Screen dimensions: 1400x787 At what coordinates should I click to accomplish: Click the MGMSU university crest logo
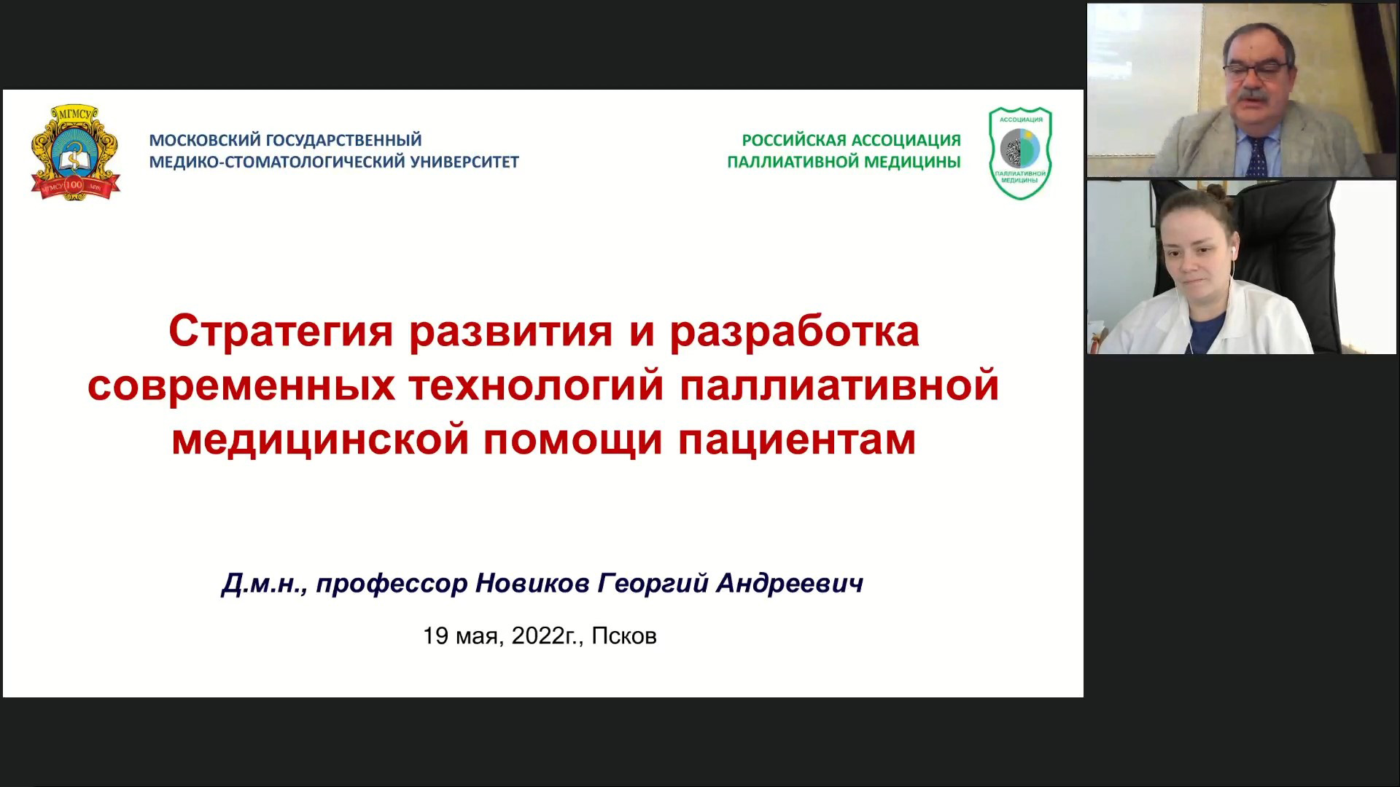[75, 152]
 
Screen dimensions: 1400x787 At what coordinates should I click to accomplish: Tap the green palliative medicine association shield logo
[1020, 153]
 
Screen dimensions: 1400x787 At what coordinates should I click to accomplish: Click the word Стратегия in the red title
[281, 332]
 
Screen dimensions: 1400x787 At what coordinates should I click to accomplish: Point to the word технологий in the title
[536, 385]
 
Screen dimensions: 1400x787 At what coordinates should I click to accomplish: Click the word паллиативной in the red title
[839, 385]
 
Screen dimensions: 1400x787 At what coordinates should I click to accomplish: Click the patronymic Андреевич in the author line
[790, 584]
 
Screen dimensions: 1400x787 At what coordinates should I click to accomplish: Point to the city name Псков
[624, 636]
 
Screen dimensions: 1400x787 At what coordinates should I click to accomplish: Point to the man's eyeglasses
[1255, 71]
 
